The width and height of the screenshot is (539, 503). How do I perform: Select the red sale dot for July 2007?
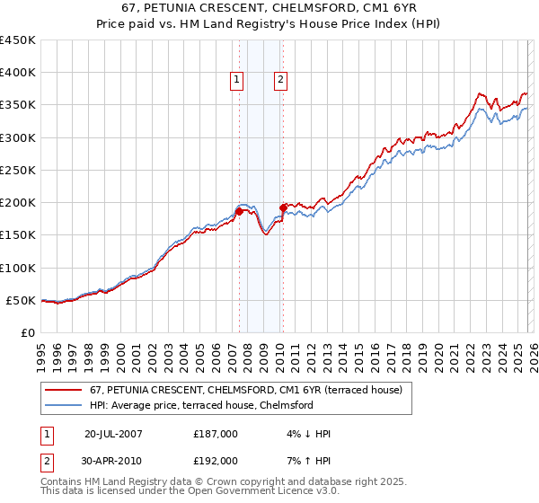240,211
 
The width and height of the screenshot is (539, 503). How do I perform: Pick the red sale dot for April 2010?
283,207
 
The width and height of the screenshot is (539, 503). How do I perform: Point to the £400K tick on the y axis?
19,73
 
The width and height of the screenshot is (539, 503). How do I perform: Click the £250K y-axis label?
19,170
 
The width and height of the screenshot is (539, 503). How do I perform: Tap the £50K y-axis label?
22,300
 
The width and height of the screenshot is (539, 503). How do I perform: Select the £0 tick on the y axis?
30,332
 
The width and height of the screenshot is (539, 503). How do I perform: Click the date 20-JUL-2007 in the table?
114,433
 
